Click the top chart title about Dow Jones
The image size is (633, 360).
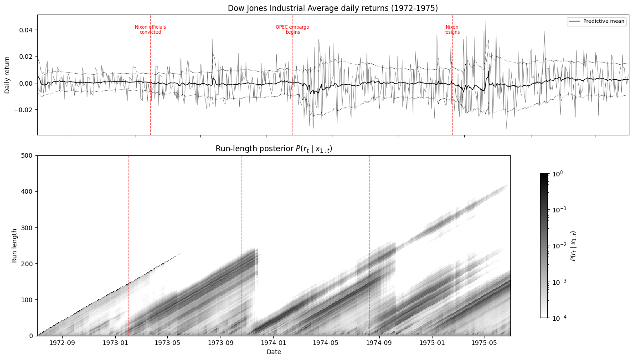point(333,8)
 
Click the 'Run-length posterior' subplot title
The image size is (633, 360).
point(273,149)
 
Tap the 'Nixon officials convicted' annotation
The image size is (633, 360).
point(150,30)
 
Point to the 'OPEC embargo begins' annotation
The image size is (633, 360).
point(292,30)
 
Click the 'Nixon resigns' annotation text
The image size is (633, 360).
point(452,30)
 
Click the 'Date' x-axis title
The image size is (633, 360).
point(273,352)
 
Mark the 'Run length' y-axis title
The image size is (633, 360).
point(15,246)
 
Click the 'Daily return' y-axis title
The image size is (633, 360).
point(7,75)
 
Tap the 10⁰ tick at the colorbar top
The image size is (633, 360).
point(558,174)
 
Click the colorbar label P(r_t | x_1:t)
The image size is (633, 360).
point(573,246)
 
